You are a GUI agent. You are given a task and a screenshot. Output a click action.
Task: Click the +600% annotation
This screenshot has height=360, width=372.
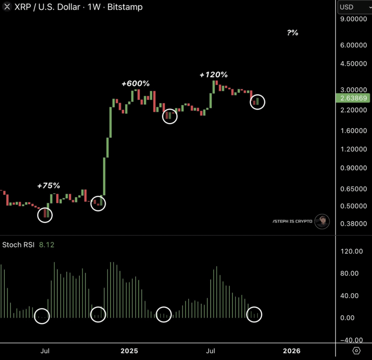tap(136, 84)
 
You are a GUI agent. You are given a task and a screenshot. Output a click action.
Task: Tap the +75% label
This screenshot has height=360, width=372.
tap(48, 186)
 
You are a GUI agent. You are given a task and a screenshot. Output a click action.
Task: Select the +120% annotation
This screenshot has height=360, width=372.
tap(214, 75)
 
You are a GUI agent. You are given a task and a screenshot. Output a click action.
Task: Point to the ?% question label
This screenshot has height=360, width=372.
tap(292, 33)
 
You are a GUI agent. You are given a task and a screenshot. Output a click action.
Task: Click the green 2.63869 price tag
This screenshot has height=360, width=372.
tap(353, 98)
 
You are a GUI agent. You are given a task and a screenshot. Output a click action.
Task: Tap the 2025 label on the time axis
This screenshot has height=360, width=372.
tap(129, 351)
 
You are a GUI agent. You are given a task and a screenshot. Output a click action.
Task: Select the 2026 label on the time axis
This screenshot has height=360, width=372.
tap(292, 351)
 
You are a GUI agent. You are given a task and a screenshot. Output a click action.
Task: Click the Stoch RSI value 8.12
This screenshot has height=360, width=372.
tap(46, 245)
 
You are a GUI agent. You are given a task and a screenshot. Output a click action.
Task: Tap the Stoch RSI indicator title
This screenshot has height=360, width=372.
tap(18, 245)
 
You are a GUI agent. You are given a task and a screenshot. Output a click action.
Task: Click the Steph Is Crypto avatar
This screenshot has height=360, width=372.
tap(322, 221)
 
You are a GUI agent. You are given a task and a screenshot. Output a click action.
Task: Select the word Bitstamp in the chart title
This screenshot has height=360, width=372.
tap(125, 7)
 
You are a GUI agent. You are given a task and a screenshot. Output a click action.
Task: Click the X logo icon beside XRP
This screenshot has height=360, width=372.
tap(7, 7)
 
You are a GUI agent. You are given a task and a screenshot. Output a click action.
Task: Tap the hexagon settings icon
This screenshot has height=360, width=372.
tap(356, 351)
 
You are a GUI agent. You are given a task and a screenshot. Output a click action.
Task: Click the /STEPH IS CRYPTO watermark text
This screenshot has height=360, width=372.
tap(292, 221)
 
